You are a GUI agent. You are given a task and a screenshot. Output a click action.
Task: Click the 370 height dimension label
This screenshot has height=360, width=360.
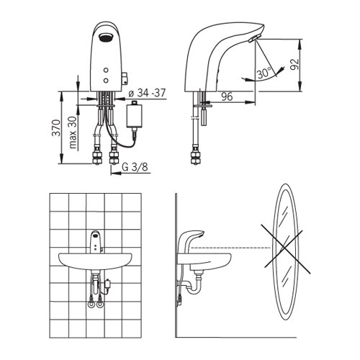(56, 128)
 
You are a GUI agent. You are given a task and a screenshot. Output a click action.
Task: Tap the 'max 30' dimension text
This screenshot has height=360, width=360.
(73, 132)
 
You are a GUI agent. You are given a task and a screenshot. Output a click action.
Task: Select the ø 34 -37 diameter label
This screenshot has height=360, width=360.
(147, 93)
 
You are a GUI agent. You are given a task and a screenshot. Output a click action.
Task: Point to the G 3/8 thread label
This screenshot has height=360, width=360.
(135, 167)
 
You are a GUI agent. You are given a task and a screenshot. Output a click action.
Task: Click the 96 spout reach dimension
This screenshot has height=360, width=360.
(227, 96)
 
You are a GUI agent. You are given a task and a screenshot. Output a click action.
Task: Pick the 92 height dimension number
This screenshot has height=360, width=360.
(294, 64)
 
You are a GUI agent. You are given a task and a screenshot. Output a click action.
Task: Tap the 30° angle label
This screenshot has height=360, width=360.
(264, 73)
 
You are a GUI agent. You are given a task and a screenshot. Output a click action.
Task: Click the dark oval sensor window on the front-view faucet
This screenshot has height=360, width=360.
(105, 37)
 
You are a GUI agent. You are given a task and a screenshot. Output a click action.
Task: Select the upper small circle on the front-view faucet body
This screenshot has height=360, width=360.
(106, 70)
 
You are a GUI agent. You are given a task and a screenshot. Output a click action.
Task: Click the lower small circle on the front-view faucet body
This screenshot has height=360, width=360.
(106, 81)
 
